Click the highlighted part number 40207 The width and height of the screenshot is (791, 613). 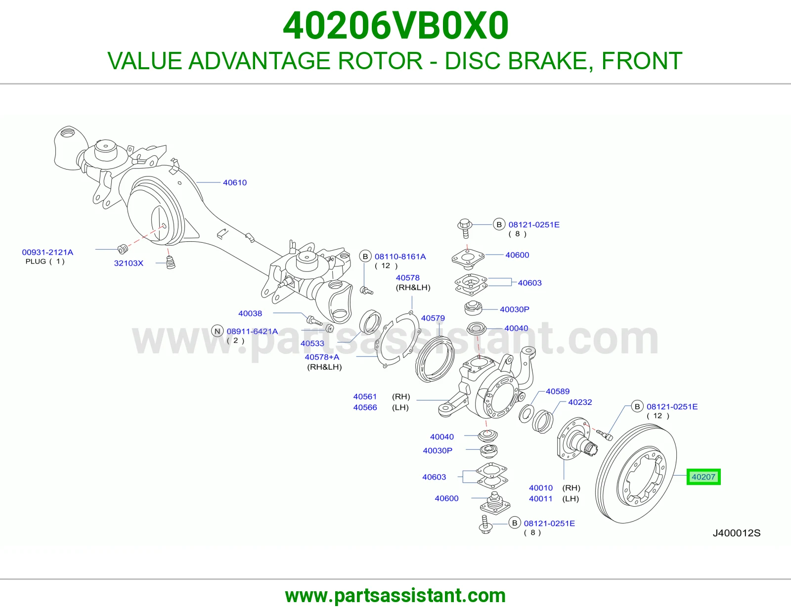[703, 477]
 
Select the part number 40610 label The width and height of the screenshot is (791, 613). [235, 183]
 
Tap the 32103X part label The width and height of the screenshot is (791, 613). [129, 263]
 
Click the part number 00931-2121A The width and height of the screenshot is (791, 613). [47, 252]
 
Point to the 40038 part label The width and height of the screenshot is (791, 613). [250, 313]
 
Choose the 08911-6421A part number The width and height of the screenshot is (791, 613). [252, 331]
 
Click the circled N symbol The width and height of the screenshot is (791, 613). [218, 331]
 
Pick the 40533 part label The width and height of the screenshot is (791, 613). [312, 343]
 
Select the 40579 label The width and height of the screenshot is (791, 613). [433, 318]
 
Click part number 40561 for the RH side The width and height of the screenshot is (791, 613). [365, 396]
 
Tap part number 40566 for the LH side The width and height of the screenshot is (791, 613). [365, 407]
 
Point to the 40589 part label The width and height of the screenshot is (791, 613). [558, 392]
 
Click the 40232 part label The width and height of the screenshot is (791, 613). [580, 402]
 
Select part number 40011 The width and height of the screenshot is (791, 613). [540, 499]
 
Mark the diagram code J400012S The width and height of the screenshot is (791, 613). [737, 533]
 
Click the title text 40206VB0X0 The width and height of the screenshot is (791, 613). [395, 26]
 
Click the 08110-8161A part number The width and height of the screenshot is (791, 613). [400, 257]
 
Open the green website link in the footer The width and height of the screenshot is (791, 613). [395, 596]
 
